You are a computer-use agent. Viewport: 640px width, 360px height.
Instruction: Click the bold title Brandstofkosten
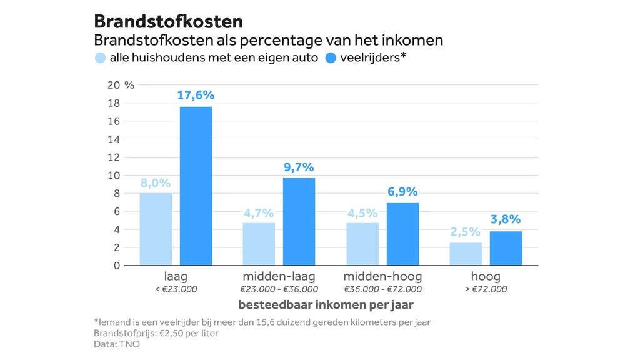168,21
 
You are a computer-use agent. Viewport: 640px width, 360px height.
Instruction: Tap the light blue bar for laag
156,229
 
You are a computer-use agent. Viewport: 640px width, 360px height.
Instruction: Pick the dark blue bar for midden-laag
299,221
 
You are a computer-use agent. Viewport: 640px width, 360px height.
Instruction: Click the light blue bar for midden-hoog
362,244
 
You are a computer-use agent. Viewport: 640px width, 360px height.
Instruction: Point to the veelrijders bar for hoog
506,248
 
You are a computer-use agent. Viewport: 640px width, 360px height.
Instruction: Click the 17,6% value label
196,96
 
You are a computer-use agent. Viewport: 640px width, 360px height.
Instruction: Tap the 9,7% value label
299,167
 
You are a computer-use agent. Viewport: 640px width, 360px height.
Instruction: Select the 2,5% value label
466,232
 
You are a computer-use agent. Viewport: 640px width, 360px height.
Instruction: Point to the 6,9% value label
402,192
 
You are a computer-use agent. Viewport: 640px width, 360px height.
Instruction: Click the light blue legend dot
100,59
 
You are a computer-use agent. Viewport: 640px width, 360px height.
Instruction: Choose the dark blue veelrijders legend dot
331,59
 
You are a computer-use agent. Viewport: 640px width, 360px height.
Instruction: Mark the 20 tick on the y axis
112,85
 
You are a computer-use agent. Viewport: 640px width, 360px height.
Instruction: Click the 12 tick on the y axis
112,157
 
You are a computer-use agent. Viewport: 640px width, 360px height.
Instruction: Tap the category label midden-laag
279,276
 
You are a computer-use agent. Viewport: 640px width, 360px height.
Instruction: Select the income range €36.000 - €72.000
382,289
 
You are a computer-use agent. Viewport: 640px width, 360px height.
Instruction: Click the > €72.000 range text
485,289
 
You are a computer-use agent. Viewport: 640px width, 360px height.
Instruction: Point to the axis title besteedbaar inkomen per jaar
326,306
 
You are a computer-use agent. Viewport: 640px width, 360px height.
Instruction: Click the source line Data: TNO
116,344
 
